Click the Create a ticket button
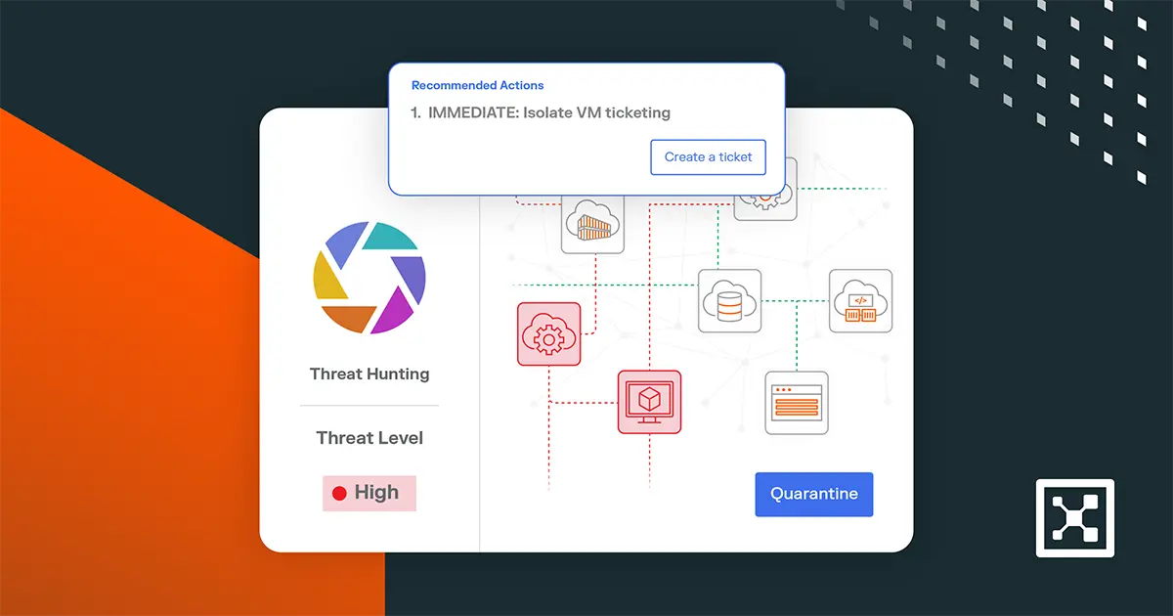pyautogui.click(x=709, y=157)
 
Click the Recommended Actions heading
pyautogui.click(x=477, y=86)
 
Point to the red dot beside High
pyautogui.click(x=339, y=494)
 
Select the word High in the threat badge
pyautogui.click(x=376, y=493)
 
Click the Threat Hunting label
pyautogui.click(x=369, y=374)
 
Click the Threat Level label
pyautogui.click(x=369, y=438)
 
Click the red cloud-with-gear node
pyautogui.click(x=548, y=334)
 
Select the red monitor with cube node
pyautogui.click(x=649, y=402)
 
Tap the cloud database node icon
pyautogui.click(x=729, y=300)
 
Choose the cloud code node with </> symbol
pyautogui.click(x=860, y=300)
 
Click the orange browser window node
pyautogui.click(x=796, y=402)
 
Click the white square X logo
pyautogui.click(x=1075, y=517)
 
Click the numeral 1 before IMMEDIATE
pyautogui.click(x=415, y=112)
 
